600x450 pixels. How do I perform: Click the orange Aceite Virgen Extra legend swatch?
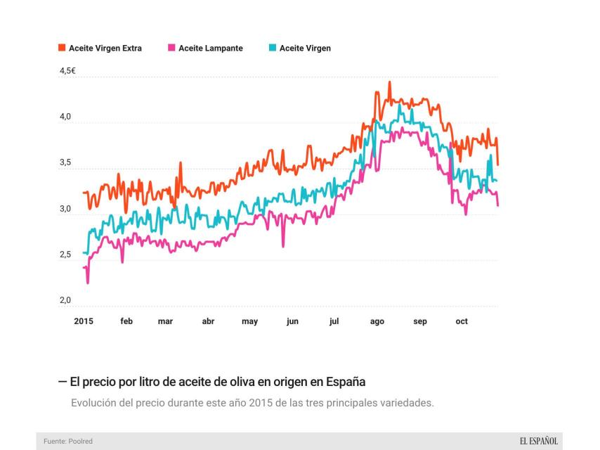point(62,49)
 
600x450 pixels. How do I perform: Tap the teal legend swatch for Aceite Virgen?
point(273,49)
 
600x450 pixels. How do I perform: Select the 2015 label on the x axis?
point(84,321)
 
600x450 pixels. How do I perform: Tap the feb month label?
point(126,321)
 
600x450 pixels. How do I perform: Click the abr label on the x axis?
point(208,321)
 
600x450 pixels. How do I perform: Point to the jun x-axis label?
point(292,321)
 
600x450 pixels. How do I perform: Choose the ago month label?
point(377,321)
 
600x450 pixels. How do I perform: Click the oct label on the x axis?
point(462,321)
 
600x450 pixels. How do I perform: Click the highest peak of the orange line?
point(389,83)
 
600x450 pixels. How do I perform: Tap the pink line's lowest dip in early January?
point(88,282)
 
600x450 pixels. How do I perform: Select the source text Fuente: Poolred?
point(68,441)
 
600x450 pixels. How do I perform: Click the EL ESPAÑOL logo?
point(538,441)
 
